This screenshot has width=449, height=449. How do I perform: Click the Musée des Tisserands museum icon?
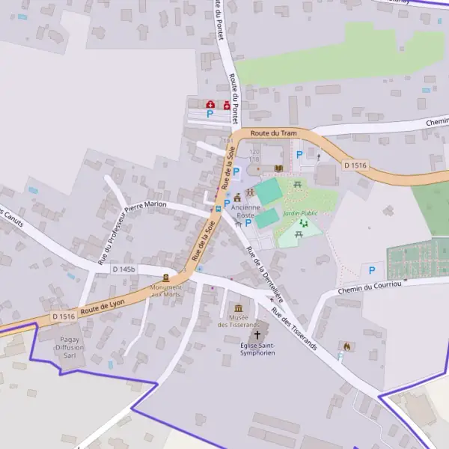tap(239, 308)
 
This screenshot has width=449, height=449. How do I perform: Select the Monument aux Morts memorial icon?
tap(165, 278)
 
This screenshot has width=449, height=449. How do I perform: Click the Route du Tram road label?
tap(269, 132)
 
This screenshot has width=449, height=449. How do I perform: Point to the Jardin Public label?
tap(300, 213)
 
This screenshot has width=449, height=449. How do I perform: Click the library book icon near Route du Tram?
tap(278, 169)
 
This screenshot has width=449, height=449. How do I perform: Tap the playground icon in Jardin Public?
tap(303, 223)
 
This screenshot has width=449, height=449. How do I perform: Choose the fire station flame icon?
tap(346, 346)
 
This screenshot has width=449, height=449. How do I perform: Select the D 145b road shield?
tap(124, 269)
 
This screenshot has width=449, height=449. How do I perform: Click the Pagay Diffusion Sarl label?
tap(70, 347)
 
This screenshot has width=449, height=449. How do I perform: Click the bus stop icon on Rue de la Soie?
tap(218, 209)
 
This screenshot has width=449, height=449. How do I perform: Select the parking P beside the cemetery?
tap(370, 270)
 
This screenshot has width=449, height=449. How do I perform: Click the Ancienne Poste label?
tap(246, 211)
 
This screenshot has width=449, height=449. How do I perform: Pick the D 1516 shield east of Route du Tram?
tap(356, 165)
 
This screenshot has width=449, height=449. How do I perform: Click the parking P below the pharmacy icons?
tap(210, 114)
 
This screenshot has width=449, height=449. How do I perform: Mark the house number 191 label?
tap(228, 141)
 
